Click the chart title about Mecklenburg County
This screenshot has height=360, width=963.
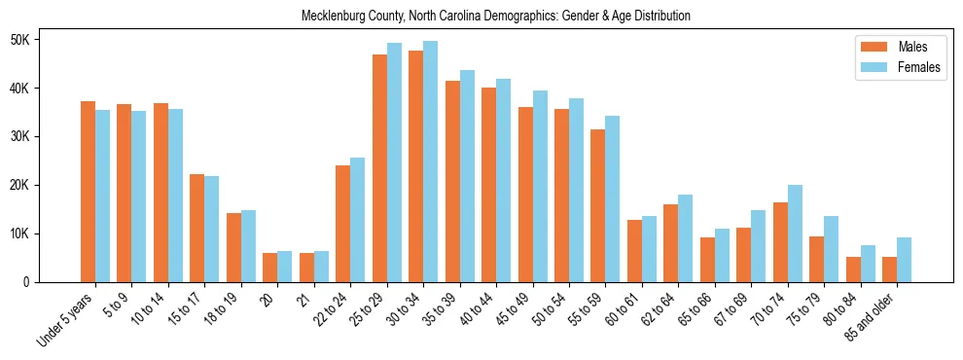tap(496, 16)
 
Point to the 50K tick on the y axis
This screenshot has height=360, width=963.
tap(19, 40)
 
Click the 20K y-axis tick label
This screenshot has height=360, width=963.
tap(19, 185)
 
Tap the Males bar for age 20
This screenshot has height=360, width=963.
tap(270, 268)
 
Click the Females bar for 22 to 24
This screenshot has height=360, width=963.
tap(357, 220)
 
